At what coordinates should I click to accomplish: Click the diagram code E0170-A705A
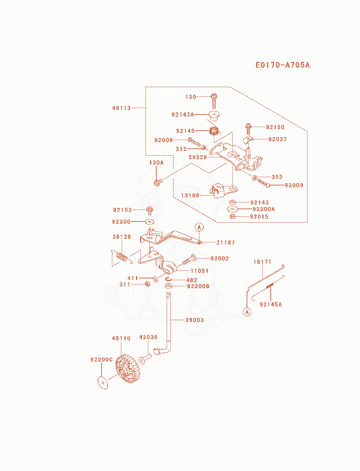(283, 65)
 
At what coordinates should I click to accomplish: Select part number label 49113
(121, 108)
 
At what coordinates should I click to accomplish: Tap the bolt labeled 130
(214, 101)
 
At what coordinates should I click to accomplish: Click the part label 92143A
(183, 115)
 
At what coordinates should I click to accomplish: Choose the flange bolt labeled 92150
(248, 129)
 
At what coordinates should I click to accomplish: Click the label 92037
(278, 139)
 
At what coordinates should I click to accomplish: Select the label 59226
(198, 157)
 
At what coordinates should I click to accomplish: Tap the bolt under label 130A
(158, 182)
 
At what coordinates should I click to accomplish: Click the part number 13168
(190, 195)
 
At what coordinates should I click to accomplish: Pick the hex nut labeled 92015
(232, 216)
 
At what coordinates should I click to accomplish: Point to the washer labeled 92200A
(232, 208)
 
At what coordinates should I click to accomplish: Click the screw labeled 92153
(150, 211)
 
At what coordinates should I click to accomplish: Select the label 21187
(225, 242)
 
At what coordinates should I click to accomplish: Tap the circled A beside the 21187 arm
(199, 227)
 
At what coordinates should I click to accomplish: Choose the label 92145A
(270, 304)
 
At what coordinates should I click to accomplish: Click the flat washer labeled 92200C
(103, 383)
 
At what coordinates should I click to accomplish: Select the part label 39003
(195, 320)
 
